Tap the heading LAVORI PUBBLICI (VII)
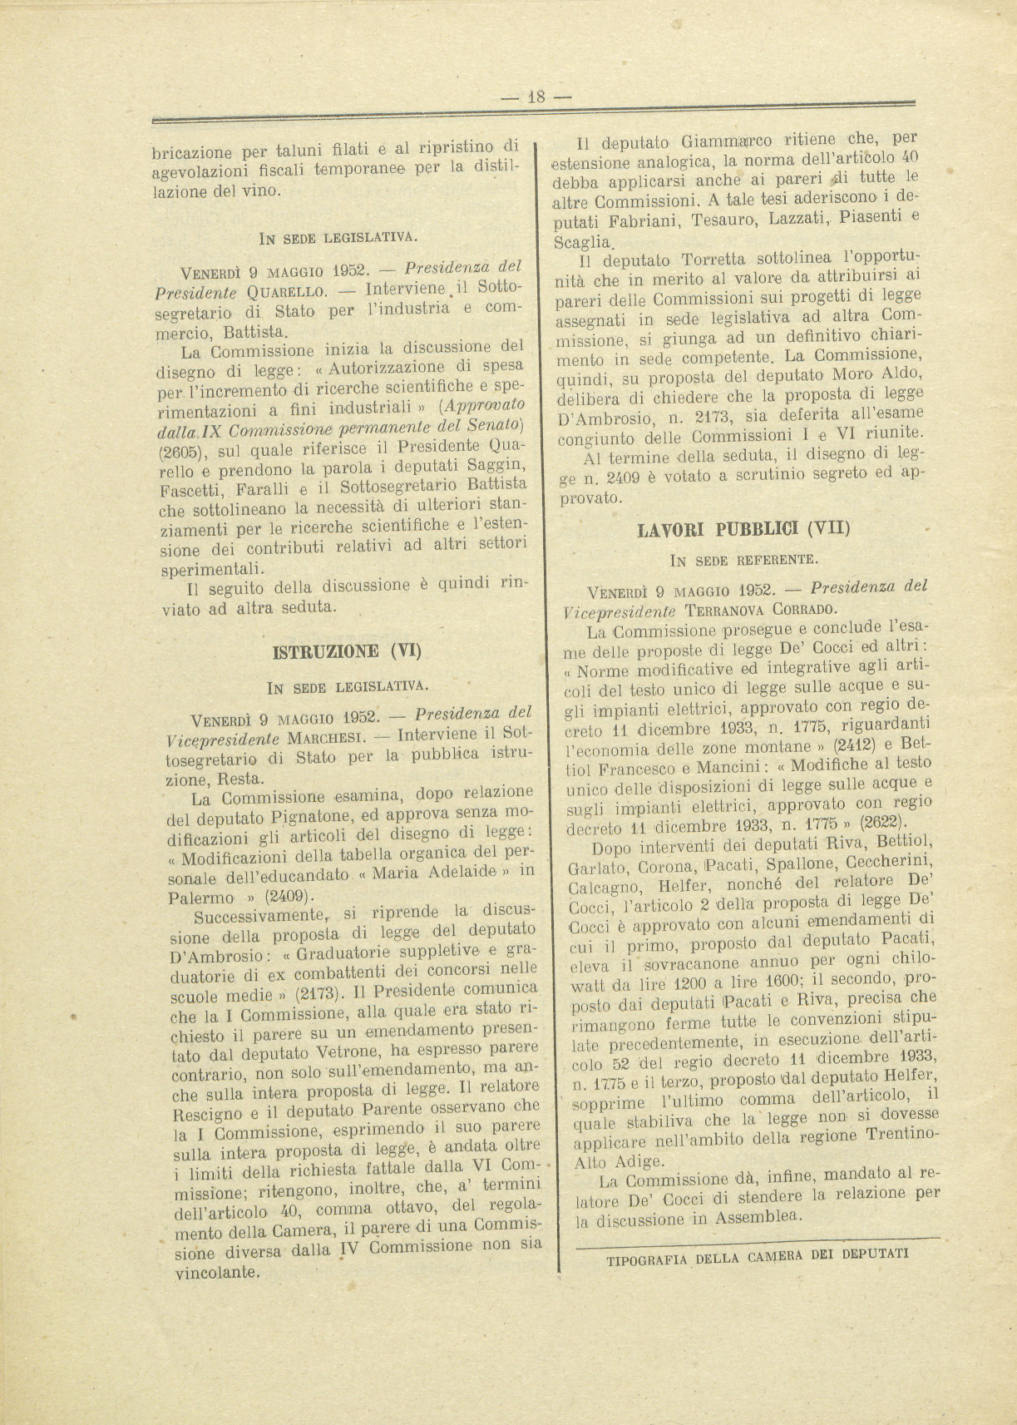pyautogui.click(x=743, y=527)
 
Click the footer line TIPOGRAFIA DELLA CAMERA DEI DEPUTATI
pyautogui.click(x=758, y=1256)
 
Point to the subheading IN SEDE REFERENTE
pyautogui.click(x=743, y=558)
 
